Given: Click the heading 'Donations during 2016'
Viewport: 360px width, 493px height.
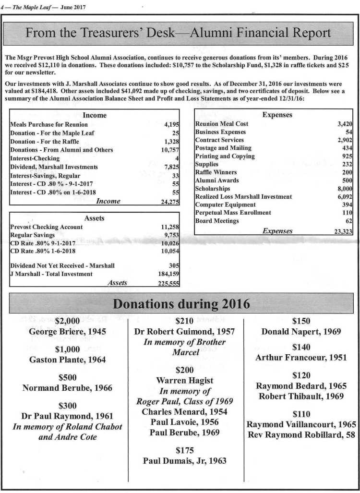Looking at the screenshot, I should click(181, 304).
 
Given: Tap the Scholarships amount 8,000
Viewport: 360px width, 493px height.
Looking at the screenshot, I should click(344, 189).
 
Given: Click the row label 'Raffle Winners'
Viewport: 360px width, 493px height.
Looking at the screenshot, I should click(216, 172).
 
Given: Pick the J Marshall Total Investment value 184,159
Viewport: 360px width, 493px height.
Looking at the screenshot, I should click(168, 274).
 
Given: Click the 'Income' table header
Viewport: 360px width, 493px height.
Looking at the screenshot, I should click(95, 115).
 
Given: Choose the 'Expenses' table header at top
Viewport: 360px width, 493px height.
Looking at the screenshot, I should click(277, 115).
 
